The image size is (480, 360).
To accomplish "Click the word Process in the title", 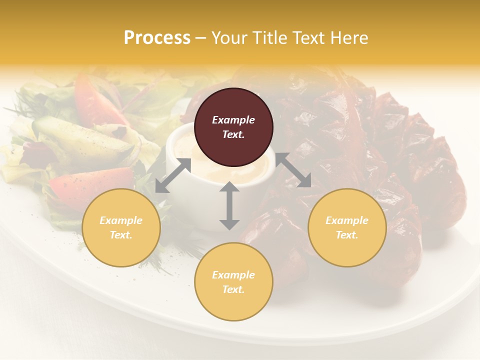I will click(157, 38).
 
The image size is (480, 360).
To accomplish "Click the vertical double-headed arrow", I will click(229, 205).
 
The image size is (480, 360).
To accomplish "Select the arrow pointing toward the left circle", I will click(173, 175).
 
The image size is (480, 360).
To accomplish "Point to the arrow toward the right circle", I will click(293, 170).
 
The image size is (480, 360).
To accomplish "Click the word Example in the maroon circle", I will click(233, 120).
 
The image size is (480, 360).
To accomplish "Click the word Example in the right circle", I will click(347, 220).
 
